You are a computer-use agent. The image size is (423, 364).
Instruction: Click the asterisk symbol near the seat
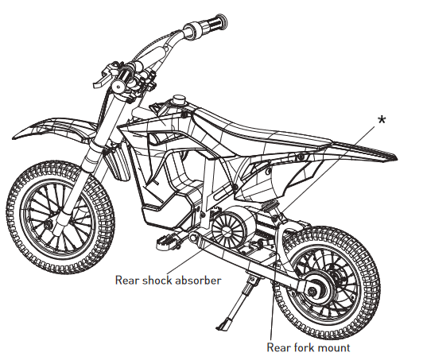(382, 119)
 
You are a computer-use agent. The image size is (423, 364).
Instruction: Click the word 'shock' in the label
(157, 281)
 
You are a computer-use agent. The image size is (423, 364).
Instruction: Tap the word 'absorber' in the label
(199, 281)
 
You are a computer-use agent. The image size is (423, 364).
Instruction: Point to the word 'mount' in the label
(334, 347)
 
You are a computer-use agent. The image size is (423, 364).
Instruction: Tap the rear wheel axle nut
(312, 291)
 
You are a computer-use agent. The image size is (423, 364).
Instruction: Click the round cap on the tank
(179, 99)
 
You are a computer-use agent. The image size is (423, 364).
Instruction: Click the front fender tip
(17, 136)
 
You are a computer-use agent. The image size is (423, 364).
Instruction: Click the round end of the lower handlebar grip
(118, 86)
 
